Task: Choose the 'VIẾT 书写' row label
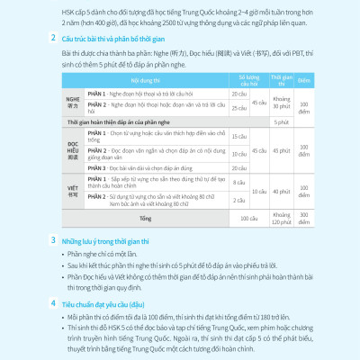(x=74, y=191)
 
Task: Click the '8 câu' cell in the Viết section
(x=238, y=183)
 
